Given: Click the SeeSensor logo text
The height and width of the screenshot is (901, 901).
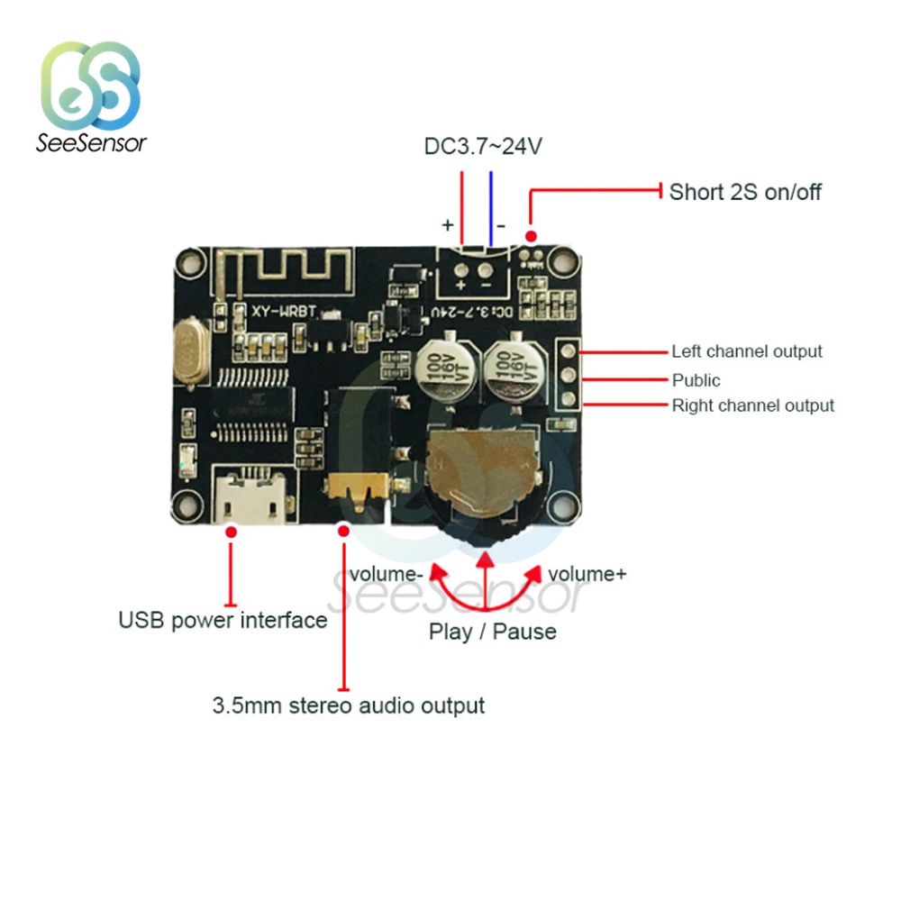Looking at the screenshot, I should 91,142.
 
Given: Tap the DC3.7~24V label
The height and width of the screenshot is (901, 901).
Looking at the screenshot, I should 483,146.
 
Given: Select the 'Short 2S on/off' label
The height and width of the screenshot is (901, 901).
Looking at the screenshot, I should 745,192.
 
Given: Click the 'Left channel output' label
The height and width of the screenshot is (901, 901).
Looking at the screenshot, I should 747,351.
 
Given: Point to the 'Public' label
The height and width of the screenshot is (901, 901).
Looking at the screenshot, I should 696,380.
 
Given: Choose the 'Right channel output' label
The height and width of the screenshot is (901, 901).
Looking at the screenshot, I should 753,405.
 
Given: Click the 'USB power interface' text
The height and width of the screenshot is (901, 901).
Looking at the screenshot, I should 223,620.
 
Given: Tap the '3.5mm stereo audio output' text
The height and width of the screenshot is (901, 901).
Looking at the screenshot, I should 349,705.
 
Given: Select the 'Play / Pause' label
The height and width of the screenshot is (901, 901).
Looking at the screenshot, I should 492,632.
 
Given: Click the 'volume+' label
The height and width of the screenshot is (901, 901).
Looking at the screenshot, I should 587,574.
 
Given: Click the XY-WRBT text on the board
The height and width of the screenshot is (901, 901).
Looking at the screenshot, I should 284,310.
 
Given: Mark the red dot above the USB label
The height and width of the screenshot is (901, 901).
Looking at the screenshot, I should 232,533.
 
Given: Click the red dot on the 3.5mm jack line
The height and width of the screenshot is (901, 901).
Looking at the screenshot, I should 342,532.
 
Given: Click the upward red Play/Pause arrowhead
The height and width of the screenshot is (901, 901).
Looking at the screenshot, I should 486,562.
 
